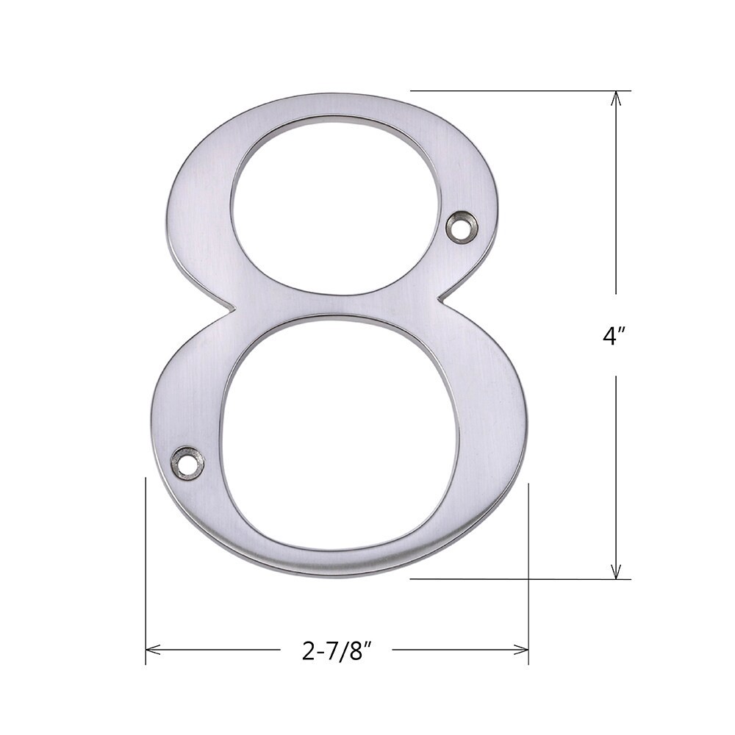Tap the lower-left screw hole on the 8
(187, 463)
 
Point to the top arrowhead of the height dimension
(616, 98)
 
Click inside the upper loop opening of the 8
(337, 206)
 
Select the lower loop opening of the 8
(340, 434)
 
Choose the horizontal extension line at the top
(514, 90)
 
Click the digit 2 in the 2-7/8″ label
(308, 650)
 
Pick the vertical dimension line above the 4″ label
(616, 198)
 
